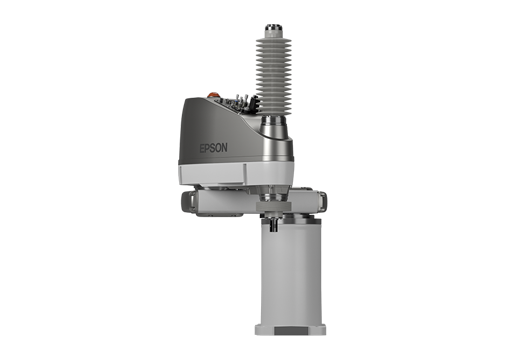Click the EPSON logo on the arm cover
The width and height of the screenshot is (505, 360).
(x=214, y=148)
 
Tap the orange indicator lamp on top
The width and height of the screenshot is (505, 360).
(x=212, y=95)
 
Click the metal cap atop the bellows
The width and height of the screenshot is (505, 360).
(x=274, y=31)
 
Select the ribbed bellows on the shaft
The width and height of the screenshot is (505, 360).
(x=274, y=76)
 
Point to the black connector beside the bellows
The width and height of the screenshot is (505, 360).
(x=254, y=101)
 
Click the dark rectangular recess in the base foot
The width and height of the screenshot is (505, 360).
(x=291, y=331)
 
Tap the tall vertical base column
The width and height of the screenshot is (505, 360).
(x=291, y=272)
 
